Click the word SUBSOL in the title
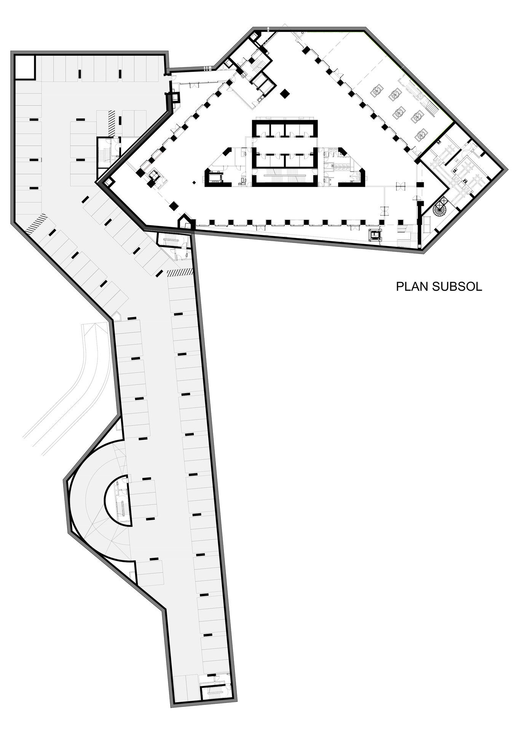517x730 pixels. click(457, 286)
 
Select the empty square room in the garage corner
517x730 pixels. click(25, 67)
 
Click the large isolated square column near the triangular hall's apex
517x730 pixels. click(284, 94)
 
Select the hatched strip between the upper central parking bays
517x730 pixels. click(112, 122)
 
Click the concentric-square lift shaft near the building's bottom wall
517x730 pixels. click(375, 234)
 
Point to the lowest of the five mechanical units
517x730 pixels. click(422, 134)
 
